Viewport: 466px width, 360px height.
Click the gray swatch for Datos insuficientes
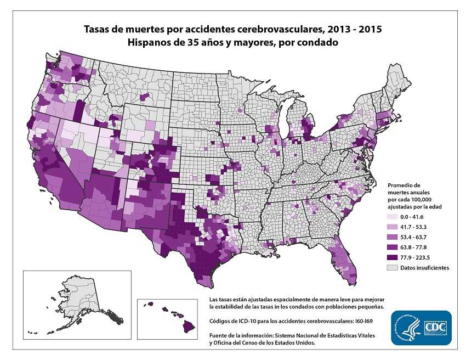pos(392,267)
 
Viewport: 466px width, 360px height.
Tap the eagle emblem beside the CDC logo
pos(403,328)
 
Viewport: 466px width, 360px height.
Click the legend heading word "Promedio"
pos(404,185)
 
